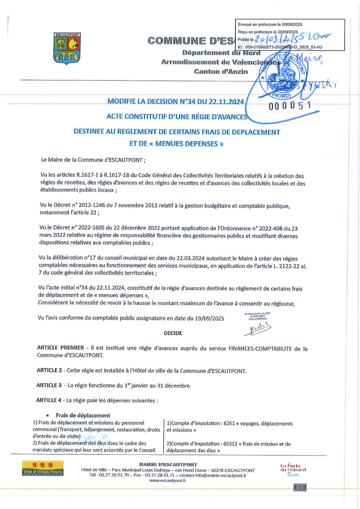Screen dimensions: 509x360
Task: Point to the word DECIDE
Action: [173, 333]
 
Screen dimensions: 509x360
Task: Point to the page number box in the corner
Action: [299, 489]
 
